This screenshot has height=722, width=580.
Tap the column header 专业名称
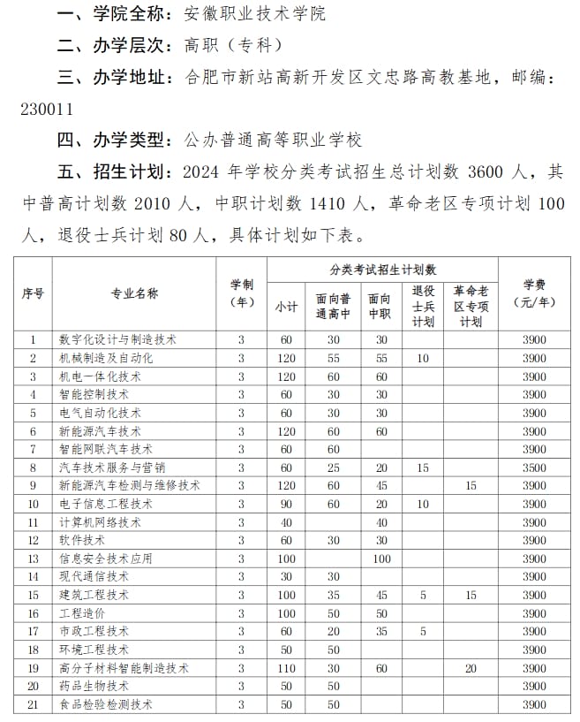[134, 294]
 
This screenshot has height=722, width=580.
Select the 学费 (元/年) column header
[534, 293]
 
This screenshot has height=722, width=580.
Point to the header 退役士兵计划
[423, 306]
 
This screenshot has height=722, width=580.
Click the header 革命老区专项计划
[471, 306]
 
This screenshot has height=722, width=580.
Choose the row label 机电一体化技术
[100, 376]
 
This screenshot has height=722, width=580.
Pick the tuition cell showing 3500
[534, 467]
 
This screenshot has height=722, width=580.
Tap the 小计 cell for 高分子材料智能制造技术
[286, 668]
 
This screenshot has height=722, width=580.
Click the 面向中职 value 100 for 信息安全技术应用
[381, 559]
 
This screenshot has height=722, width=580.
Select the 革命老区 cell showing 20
[471, 668]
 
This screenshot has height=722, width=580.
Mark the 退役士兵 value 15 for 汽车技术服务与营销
[423, 467]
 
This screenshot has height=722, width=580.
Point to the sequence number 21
[34, 704]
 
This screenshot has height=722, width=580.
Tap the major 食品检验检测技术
[106, 704]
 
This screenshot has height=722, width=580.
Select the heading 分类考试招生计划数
[383, 270]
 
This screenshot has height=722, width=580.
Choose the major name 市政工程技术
[94, 631]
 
